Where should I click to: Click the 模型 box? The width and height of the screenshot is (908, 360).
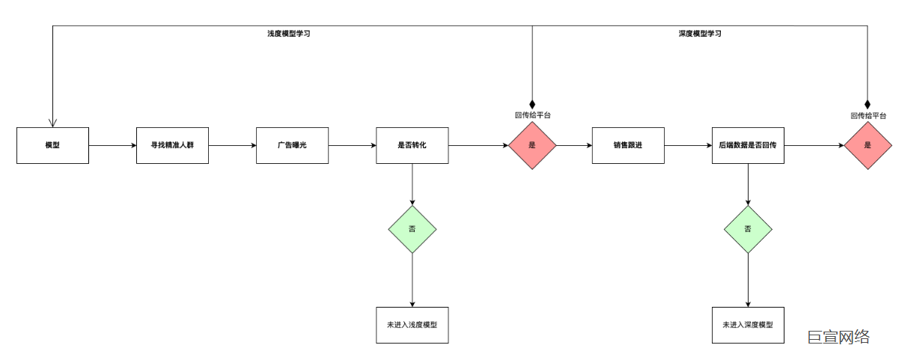click(52, 145)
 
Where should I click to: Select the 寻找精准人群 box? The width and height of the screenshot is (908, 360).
click(172, 145)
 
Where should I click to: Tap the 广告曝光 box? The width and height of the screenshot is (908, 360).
click(292, 145)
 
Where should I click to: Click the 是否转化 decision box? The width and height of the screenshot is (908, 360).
click(412, 145)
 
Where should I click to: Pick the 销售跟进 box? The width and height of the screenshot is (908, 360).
click(627, 145)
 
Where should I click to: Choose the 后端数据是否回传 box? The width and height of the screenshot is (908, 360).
click(747, 145)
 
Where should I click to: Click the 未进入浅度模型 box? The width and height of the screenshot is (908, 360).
click(412, 325)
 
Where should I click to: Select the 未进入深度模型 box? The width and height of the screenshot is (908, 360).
click(747, 325)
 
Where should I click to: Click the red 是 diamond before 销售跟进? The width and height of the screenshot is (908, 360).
click(532, 145)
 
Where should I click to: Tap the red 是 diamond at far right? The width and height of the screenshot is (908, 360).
click(868, 145)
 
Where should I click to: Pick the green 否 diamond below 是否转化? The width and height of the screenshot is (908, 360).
click(412, 228)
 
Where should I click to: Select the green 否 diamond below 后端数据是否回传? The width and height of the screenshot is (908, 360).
click(747, 228)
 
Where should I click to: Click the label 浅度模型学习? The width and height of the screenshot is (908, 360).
click(289, 34)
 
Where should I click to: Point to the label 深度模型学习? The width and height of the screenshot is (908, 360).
click(700, 34)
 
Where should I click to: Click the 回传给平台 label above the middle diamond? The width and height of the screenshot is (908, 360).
click(532, 115)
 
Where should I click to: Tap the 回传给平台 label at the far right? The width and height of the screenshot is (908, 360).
click(868, 115)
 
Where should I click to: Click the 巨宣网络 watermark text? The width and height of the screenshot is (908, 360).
click(838, 337)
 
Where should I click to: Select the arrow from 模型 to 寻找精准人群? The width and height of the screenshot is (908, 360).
click(112, 145)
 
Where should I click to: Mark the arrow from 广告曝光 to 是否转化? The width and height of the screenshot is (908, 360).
click(352, 145)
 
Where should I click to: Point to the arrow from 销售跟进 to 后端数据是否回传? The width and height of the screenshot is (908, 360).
click(687, 145)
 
